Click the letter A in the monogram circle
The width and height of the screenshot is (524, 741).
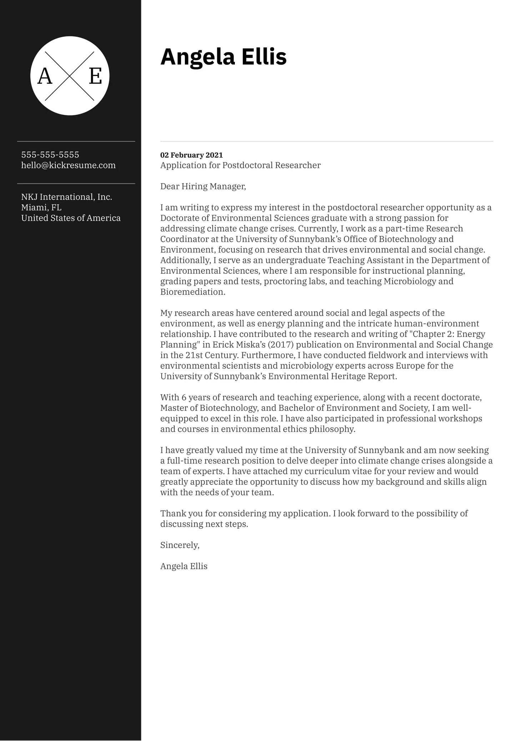tap(45, 76)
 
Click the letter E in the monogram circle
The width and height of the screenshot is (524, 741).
tap(95, 76)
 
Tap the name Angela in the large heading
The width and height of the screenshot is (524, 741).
tap(197, 57)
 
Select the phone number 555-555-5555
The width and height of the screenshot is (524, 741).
tap(50, 155)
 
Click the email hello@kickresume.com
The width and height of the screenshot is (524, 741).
tap(68, 165)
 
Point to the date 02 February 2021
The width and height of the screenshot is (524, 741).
tap(191, 155)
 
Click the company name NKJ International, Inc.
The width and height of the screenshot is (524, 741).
tap(66, 197)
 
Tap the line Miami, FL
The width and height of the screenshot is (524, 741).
tap(41, 207)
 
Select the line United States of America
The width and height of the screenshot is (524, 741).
tap(71, 218)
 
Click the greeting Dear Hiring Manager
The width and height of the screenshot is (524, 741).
tap(203, 186)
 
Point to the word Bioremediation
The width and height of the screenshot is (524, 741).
tap(193, 292)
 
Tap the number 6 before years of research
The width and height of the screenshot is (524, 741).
tap(184, 398)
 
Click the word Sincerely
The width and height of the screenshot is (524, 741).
tap(180, 545)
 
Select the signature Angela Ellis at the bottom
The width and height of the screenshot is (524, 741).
tap(183, 566)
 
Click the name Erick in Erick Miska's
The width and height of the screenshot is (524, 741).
tap(223, 345)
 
